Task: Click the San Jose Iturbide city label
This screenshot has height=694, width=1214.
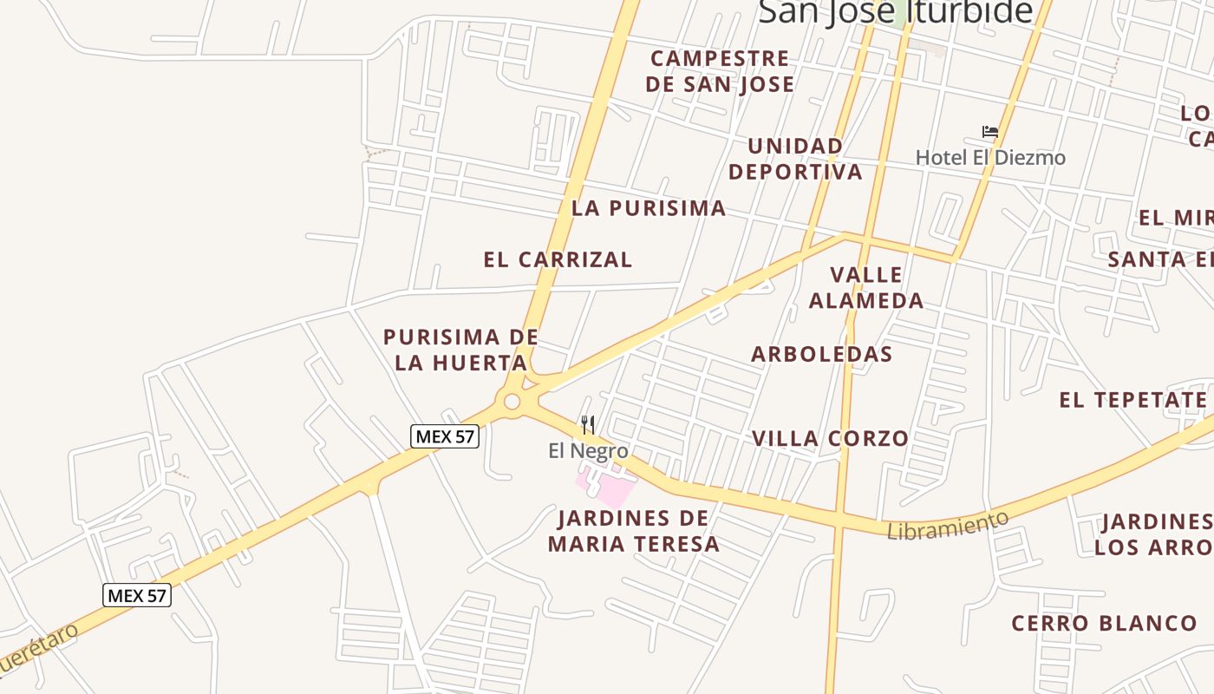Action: [895, 12]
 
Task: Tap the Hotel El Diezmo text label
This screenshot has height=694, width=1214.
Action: [990, 158]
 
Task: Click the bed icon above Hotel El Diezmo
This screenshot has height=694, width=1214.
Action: [990, 132]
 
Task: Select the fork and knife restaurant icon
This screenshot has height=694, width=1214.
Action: [588, 424]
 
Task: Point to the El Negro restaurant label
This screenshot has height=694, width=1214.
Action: [588, 451]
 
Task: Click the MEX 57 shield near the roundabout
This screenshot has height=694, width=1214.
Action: [445, 436]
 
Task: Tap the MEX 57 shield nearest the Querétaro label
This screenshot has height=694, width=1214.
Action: [137, 596]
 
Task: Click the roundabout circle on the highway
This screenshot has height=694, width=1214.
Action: [512, 402]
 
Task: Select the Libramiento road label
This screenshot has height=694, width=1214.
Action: [948, 525]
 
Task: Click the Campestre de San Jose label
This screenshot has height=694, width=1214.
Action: [720, 71]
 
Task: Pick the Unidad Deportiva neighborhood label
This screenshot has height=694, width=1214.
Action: [795, 159]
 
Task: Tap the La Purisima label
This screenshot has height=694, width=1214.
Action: [649, 208]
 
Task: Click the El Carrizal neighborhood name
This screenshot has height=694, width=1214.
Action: [558, 259]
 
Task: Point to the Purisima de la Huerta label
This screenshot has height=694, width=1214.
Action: [460, 350]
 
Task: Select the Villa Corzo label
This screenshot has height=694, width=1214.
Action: [830, 439]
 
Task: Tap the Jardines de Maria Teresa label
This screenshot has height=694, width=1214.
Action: [634, 531]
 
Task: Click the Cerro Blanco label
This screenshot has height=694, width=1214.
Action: [1104, 623]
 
